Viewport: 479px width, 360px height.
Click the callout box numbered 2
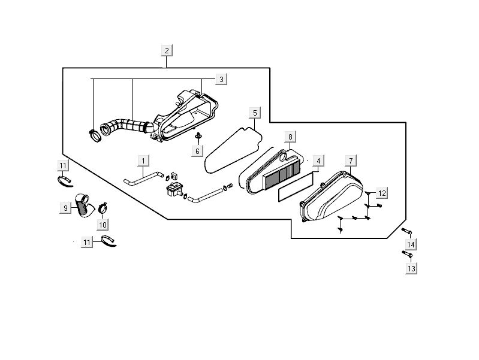[x=167, y=50]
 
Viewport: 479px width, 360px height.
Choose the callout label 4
[x=319, y=161]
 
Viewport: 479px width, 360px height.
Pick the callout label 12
[x=382, y=193]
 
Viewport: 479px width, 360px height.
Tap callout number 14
[x=411, y=245]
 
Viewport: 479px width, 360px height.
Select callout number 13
[x=411, y=269]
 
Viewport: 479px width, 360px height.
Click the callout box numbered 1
[x=143, y=160]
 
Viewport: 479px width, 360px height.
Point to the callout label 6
[x=197, y=151]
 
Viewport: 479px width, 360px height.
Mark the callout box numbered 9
[x=65, y=207]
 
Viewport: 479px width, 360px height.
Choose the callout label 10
[x=102, y=225]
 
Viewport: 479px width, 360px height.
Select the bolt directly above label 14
[x=407, y=232]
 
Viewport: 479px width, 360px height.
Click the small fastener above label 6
[x=198, y=137]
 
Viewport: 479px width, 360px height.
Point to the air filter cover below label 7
[x=333, y=198]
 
